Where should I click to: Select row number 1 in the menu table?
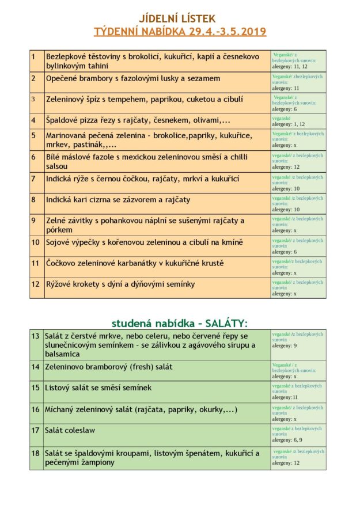coord(33,56)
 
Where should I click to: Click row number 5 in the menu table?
coord(33,135)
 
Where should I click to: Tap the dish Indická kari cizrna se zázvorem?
coord(118,200)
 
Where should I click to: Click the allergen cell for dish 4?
coord(298,121)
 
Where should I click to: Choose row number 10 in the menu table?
coord(35,242)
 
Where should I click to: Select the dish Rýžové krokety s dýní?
coord(120,284)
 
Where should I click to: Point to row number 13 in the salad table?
coord(35,336)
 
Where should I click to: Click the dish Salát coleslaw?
coord(70,430)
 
